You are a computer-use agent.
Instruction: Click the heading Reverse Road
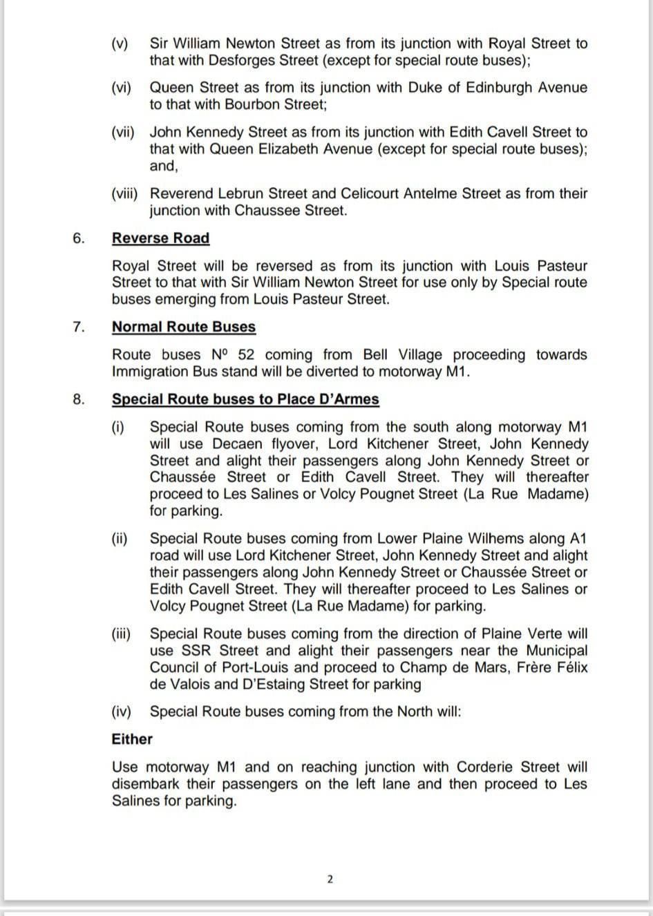160,238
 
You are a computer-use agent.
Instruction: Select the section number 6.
78,238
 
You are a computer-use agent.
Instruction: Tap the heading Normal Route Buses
184,327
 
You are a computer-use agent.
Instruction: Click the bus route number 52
245,355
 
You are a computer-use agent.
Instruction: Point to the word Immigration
153,372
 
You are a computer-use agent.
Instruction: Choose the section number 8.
78,399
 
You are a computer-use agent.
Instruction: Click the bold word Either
132,739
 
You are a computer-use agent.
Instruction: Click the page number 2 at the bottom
329,879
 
